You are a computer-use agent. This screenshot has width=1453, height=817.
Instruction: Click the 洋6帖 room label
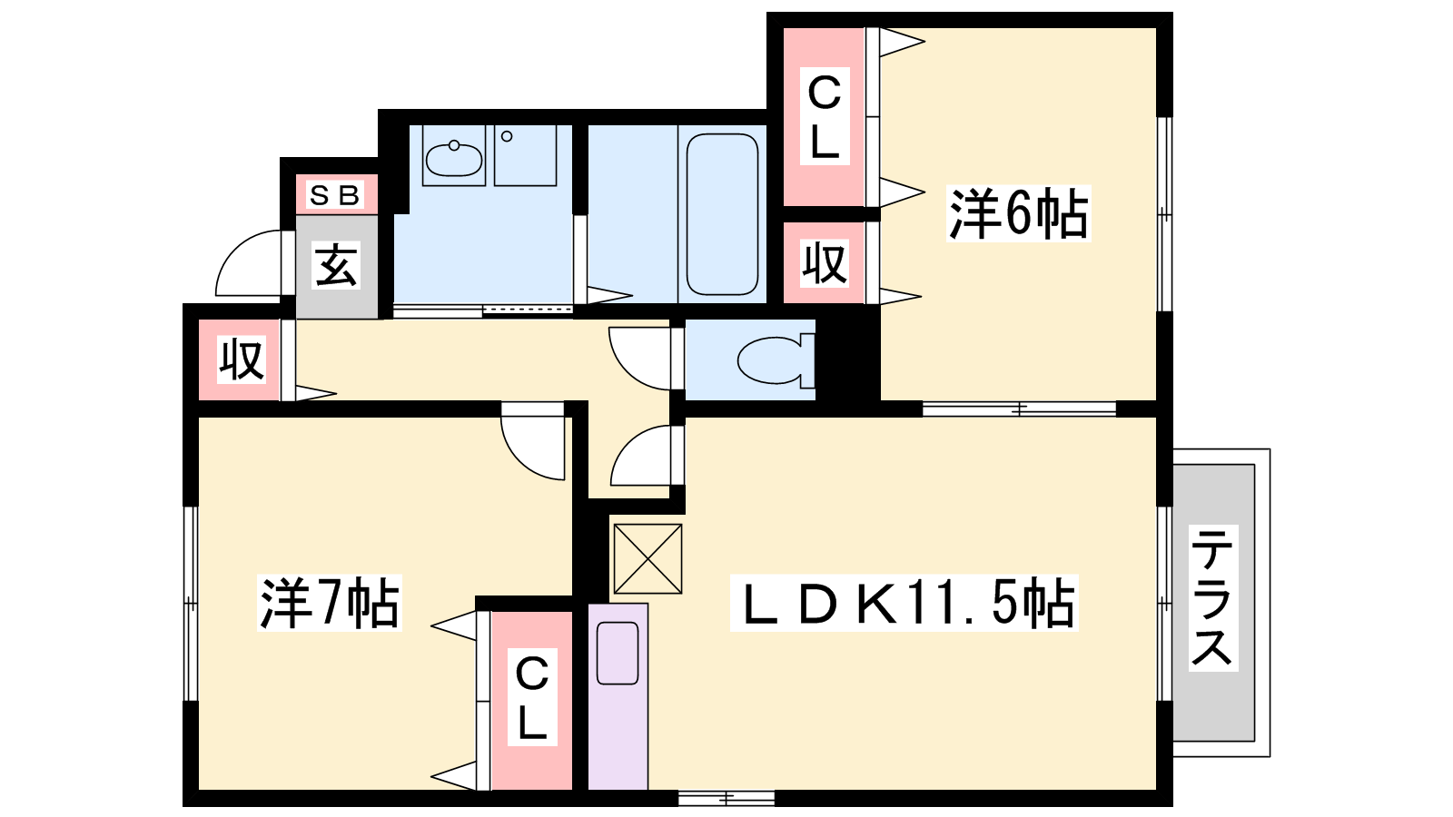tap(1018, 213)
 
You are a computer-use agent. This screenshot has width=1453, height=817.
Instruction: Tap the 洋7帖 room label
tap(330, 603)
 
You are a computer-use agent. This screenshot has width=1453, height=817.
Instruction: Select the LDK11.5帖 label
tap(904, 603)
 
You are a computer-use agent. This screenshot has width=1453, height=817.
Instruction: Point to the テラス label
tap(1213, 598)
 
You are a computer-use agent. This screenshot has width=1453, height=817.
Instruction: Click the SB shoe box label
tap(335, 194)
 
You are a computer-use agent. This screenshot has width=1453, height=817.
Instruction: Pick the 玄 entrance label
tap(336, 265)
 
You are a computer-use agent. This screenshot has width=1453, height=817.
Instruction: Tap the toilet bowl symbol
tap(776, 359)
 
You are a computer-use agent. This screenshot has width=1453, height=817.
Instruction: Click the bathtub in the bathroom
tap(722, 214)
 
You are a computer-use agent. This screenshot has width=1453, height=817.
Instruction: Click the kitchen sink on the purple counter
tap(618, 653)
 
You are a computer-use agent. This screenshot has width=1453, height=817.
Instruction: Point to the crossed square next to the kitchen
tap(647, 558)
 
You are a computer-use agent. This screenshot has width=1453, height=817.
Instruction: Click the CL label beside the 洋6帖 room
tap(825, 117)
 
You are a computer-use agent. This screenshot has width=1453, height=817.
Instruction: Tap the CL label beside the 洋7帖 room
tap(532, 698)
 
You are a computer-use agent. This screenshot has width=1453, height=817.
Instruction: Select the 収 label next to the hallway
tap(242, 359)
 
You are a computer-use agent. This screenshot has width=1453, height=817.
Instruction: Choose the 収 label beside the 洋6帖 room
tap(825, 263)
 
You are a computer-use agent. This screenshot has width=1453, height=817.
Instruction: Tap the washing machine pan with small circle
tap(526, 155)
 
